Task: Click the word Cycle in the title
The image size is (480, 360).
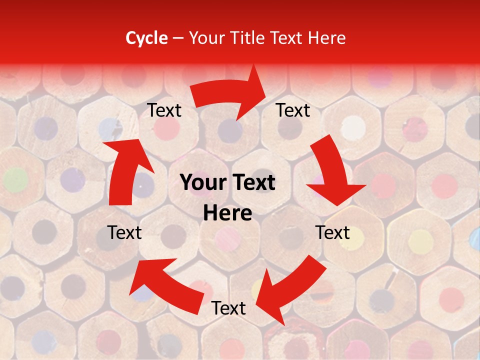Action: coord(146,38)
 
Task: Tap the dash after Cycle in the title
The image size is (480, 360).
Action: coord(178,38)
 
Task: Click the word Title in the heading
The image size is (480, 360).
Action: coord(248,38)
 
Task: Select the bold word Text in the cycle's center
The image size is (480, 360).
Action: coord(252,183)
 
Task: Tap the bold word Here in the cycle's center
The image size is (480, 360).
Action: coord(227,213)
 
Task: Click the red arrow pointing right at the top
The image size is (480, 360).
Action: coord(232,94)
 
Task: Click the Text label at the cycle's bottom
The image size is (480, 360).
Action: coord(228,308)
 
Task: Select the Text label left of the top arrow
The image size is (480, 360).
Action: coord(164,110)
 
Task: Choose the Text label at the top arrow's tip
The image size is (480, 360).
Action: coord(293,110)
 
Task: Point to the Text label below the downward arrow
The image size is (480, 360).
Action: coord(332,232)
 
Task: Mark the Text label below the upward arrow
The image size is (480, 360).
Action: coord(124,232)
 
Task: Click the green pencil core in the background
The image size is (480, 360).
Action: coord(15,178)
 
